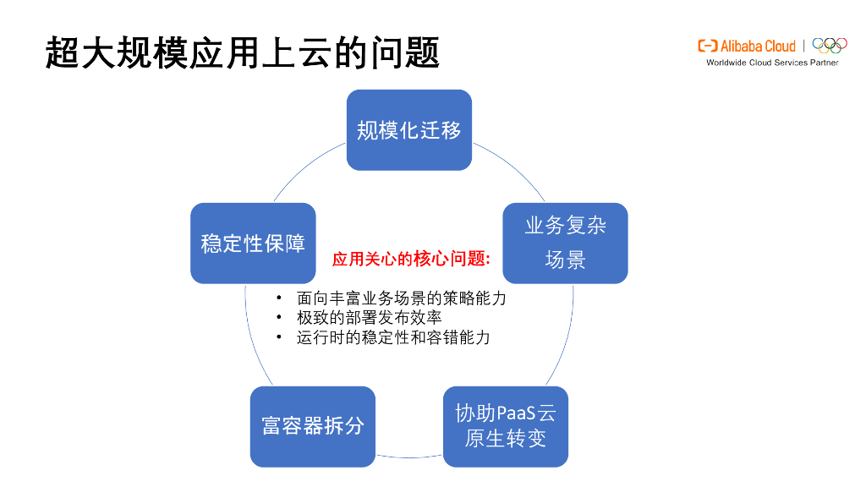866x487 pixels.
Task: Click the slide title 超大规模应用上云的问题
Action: click(x=243, y=52)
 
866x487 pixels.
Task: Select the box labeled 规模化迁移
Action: click(x=409, y=130)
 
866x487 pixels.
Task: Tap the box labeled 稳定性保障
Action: click(x=253, y=243)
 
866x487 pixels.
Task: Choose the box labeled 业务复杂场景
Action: click(x=565, y=243)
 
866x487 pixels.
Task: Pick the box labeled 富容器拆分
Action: click(x=313, y=426)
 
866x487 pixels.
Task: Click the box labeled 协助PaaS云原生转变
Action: click(x=506, y=426)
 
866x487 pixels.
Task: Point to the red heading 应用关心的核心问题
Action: click(x=411, y=260)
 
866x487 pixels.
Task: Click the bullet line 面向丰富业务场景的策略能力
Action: click(x=401, y=298)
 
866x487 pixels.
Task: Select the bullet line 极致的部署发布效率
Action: click(x=369, y=318)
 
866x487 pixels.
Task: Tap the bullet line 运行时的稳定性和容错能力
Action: click(x=393, y=337)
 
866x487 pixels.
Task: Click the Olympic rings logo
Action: click(x=830, y=45)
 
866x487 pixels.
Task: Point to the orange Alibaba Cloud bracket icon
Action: click(x=708, y=46)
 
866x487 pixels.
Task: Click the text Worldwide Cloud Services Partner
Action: click(x=772, y=63)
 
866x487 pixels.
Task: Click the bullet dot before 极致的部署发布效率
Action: click(x=279, y=318)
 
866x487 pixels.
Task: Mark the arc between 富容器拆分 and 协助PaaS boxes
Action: click(x=409, y=457)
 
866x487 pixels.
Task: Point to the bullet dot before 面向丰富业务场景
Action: click(x=279, y=298)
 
